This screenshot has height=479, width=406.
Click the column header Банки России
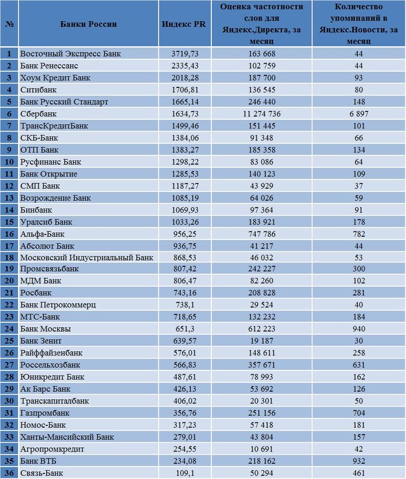click(89, 24)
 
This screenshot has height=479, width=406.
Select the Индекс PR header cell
click(184, 24)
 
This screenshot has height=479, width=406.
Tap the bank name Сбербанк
click(39, 114)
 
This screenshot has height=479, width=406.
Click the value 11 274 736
click(262, 114)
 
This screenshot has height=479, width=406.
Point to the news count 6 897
click(359, 114)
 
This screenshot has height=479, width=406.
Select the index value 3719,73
click(185, 54)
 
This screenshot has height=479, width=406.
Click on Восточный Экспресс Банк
click(70, 54)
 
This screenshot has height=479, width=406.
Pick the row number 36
click(9, 473)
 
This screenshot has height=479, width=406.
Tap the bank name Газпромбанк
click(45, 413)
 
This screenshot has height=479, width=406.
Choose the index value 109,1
click(185, 473)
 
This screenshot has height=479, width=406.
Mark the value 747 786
click(262, 234)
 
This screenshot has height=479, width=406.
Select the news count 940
click(359, 329)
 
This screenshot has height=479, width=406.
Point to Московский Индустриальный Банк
click(87, 258)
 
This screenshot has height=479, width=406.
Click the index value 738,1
click(185, 305)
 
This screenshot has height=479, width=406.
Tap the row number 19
click(9, 269)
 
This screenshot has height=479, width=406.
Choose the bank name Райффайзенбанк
click(51, 353)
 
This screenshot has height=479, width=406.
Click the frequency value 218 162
click(262, 461)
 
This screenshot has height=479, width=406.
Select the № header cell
click(9, 24)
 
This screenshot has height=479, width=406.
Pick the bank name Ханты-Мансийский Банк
click(67, 437)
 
